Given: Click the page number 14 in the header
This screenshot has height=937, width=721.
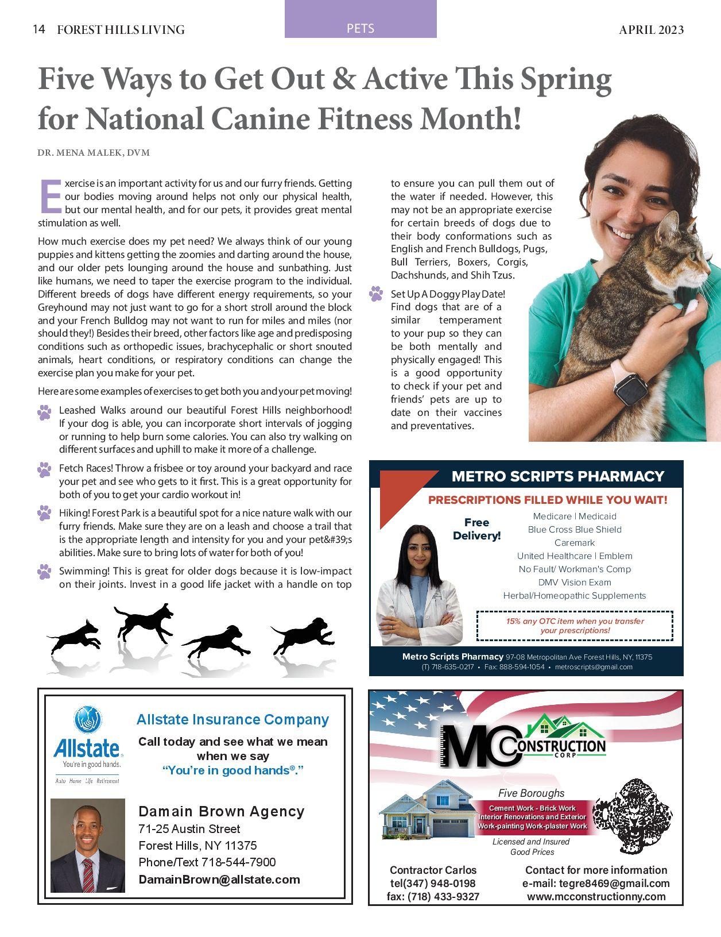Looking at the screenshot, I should pos(39,29).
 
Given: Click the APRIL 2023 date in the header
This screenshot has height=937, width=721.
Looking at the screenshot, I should pos(651,30).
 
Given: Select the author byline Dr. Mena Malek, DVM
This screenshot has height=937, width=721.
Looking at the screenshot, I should pos(94,153).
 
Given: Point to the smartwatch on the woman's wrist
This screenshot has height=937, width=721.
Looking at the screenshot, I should pos(630,387).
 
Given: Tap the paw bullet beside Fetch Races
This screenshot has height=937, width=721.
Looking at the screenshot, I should pos(44,470).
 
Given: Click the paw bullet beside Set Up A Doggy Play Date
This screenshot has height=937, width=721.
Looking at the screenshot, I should pos(376,294).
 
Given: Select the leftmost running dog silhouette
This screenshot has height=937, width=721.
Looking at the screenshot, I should pos(75,637).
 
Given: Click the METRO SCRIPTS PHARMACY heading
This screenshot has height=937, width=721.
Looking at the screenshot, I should pos(557,476).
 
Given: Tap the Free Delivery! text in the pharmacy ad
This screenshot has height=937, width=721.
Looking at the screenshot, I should pos(476,529).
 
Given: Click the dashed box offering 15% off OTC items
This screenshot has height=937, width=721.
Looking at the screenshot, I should pos(575,626).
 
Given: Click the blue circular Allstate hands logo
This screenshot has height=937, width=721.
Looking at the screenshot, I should pos(88,720).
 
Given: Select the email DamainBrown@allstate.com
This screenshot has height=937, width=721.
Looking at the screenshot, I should pos(219,880).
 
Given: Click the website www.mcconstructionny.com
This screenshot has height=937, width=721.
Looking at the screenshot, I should pos(596,896).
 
